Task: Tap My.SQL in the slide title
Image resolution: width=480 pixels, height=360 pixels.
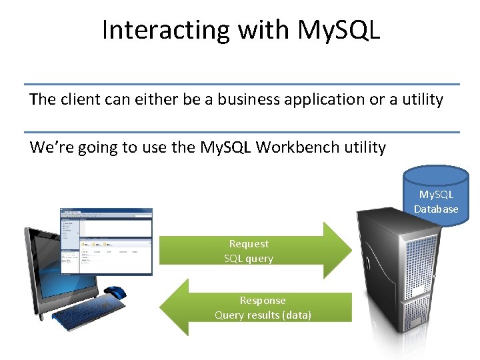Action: pos(339,30)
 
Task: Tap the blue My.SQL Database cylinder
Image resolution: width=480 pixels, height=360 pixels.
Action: pos(436,193)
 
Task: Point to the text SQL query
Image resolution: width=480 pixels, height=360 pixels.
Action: pos(249,259)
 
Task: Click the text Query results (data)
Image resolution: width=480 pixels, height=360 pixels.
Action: pos(263,315)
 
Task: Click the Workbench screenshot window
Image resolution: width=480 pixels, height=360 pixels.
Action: pos(106,241)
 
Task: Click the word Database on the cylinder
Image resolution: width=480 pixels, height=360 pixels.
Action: pos(436,209)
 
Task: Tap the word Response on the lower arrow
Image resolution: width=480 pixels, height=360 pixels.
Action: pos(263,301)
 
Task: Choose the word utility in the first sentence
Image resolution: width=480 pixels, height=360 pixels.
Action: pos(419,99)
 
